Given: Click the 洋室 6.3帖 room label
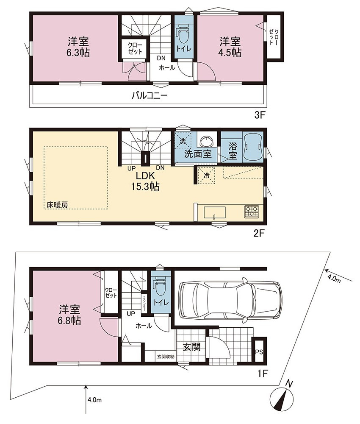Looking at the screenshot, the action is [78, 47].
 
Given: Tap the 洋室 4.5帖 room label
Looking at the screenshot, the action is [230, 47].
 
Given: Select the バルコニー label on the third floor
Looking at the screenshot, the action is [150, 96].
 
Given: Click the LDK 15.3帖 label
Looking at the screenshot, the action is [145, 181].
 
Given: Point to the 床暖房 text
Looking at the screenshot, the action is [57, 205].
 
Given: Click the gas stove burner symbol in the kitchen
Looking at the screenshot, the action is [252, 212].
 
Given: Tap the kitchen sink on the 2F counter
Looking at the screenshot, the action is [215, 212].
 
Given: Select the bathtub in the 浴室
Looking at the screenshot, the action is [252, 147].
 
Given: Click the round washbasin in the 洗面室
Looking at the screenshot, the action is [207, 141].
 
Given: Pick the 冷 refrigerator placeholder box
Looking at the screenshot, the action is [207, 176].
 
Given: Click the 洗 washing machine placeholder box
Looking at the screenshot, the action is [183, 141].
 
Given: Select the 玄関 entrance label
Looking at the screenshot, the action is [192, 347].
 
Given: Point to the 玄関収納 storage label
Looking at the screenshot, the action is [166, 357].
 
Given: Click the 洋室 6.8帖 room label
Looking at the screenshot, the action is [69, 315].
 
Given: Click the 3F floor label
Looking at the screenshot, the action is [260, 116].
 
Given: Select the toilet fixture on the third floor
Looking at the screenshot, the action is [183, 33].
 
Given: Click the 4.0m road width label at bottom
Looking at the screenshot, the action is [94, 400].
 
